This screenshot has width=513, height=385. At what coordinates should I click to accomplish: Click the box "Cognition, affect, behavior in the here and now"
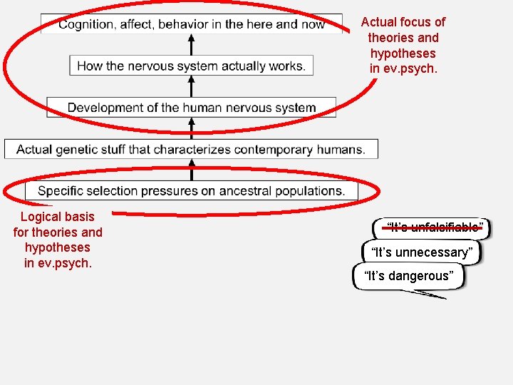click(x=190, y=24)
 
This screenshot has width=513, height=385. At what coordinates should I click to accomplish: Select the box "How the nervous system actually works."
click(x=190, y=66)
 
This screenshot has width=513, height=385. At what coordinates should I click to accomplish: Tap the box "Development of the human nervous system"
click(x=191, y=108)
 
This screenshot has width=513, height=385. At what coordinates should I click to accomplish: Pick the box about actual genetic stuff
click(x=190, y=150)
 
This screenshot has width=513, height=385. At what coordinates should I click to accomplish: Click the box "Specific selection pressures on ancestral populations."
click(x=191, y=191)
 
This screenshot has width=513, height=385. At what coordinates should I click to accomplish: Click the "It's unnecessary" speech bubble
click(x=421, y=252)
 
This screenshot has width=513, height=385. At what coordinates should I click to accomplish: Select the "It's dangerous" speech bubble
click(x=408, y=276)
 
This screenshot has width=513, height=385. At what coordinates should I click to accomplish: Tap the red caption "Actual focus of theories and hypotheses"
click(x=403, y=45)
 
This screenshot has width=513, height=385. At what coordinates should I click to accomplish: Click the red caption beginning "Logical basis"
click(x=58, y=240)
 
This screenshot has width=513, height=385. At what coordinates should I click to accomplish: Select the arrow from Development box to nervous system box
click(x=190, y=86)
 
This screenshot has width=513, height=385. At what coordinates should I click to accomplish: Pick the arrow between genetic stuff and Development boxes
click(x=190, y=128)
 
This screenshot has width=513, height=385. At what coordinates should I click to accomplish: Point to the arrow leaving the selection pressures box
click(x=190, y=170)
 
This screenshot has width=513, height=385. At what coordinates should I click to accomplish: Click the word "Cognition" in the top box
click(x=85, y=24)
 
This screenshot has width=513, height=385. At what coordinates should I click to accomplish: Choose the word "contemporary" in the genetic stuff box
click(x=272, y=150)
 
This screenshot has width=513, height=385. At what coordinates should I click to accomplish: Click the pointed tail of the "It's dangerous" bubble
click(x=441, y=297)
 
